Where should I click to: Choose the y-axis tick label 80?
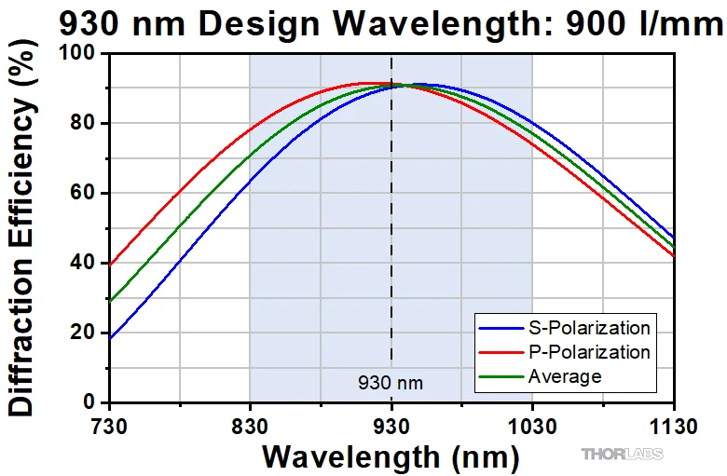(87, 124)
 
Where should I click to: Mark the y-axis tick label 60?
(87, 194)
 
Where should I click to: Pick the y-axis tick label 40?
(87, 264)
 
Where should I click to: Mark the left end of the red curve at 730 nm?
(110, 265)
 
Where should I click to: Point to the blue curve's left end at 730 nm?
(110, 338)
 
